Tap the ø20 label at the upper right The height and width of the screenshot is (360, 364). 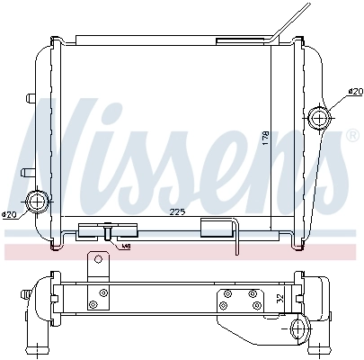coord(355,92)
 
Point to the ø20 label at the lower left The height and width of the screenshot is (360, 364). coord(9,214)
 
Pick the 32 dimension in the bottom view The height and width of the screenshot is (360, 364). coord(279,299)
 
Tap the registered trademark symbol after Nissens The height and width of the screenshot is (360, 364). coord(351,135)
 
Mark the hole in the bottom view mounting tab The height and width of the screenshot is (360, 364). coord(97,262)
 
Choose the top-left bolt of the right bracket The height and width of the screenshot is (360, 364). coord(226,293)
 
